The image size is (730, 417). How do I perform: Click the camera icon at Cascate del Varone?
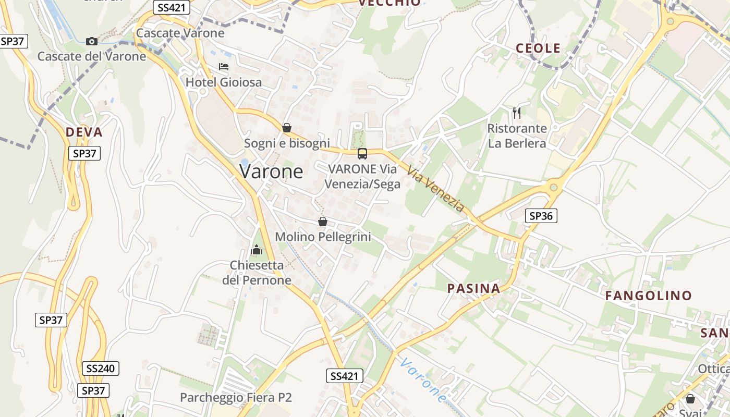(92, 41)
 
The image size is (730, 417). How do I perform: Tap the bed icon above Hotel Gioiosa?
(224, 67)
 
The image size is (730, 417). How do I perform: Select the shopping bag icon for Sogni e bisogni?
(286, 128)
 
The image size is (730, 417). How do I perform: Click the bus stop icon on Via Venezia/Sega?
(362, 154)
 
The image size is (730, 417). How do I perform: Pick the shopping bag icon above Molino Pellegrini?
(323, 222)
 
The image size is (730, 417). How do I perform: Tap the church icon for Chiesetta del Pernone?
(256, 250)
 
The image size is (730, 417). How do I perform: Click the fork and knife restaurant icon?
(517, 113)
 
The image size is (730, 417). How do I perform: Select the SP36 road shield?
(541, 216)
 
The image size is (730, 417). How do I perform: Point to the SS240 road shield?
(101, 369)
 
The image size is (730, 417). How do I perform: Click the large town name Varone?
(271, 171)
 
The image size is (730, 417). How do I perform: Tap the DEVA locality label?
(84, 132)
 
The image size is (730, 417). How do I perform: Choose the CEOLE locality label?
(538, 48)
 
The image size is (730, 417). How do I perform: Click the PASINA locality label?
(473, 289)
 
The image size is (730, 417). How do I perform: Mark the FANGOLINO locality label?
(648, 296)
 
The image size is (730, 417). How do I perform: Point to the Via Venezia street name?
(435, 189)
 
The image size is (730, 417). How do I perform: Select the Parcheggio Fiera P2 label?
(236, 397)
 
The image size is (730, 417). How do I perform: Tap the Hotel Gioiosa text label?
(224, 82)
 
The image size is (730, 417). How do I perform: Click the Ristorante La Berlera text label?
(517, 136)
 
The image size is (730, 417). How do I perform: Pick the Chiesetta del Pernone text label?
(257, 273)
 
